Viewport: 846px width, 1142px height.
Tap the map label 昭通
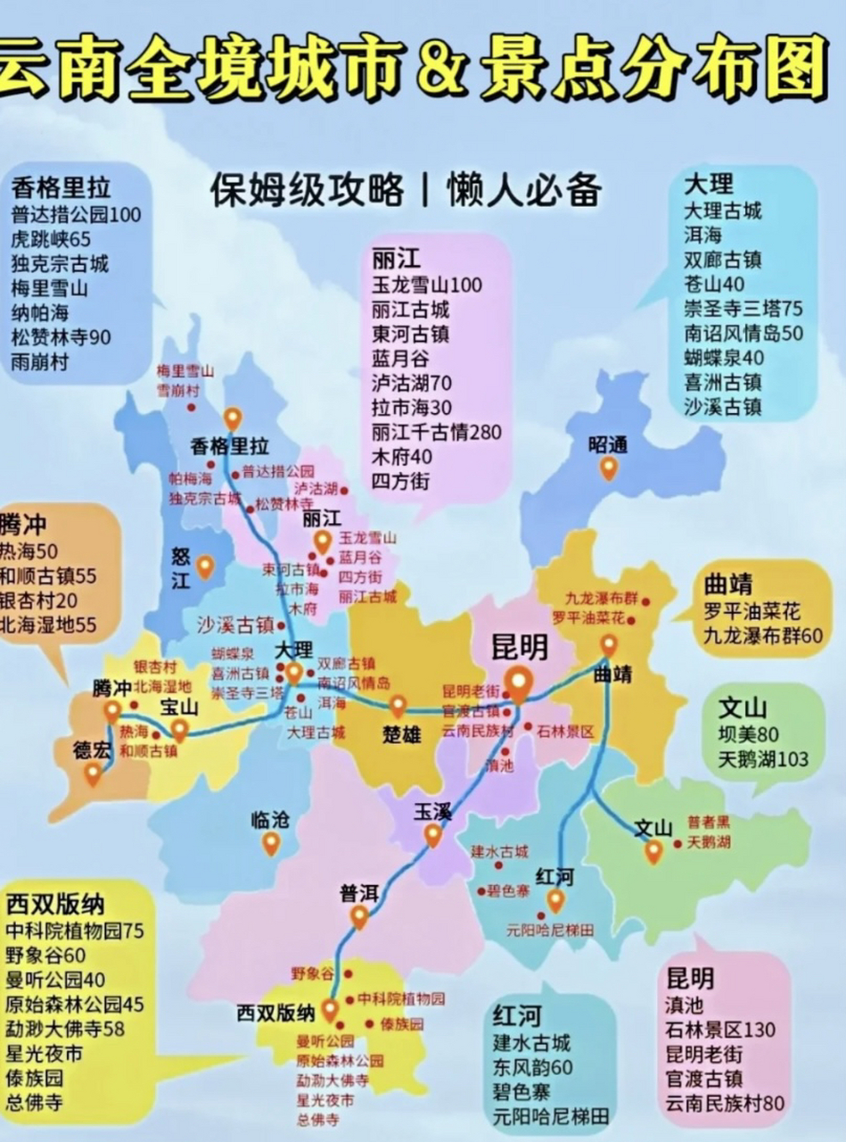(x=608, y=443)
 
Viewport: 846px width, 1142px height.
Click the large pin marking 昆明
(x=519, y=683)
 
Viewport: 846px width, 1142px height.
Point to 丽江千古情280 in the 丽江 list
(x=436, y=432)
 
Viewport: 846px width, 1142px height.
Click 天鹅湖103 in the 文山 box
(x=763, y=758)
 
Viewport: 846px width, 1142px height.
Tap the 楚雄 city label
(x=401, y=735)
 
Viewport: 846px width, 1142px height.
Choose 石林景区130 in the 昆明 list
(x=720, y=1030)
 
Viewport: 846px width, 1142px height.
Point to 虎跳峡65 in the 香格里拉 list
(x=51, y=239)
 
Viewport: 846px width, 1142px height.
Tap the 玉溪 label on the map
(x=432, y=812)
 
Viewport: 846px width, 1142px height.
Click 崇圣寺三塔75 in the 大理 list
(x=743, y=309)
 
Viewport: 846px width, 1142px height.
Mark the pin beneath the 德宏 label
(x=93, y=774)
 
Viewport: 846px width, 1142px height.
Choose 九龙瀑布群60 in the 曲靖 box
(x=761, y=636)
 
